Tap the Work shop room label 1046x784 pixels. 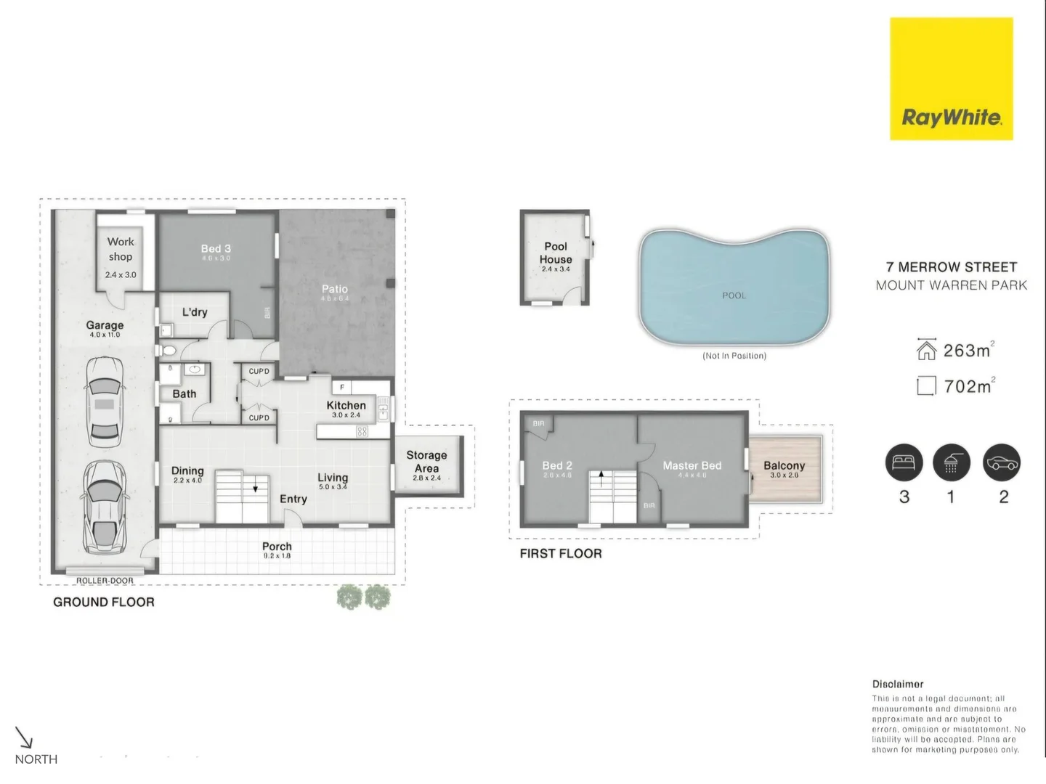click(x=121, y=249)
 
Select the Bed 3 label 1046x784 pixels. click(x=216, y=249)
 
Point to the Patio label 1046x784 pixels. click(x=335, y=289)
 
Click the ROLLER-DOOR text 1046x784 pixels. click(x=105, y=581)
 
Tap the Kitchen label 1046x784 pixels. click(x=346, y=406)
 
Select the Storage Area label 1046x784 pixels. click(x=426, y=462)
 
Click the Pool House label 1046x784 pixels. click(x=556, y=253)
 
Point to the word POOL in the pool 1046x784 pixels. click(x=734, y=295)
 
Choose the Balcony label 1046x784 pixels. click(x=784, y=465)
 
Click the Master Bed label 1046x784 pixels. click(x=692, y=465)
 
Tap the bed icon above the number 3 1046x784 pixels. click(x=904, y=462)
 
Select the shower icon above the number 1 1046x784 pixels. click(x=951, y=462)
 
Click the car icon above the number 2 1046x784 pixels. click(x=1002, y=462)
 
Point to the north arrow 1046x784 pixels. click(x=25, y=738)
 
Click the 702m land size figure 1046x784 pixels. click(x=968, y=386)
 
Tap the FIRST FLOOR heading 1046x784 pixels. click(x=561, y=554)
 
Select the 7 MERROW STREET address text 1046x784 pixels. click(x=952, y=267)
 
